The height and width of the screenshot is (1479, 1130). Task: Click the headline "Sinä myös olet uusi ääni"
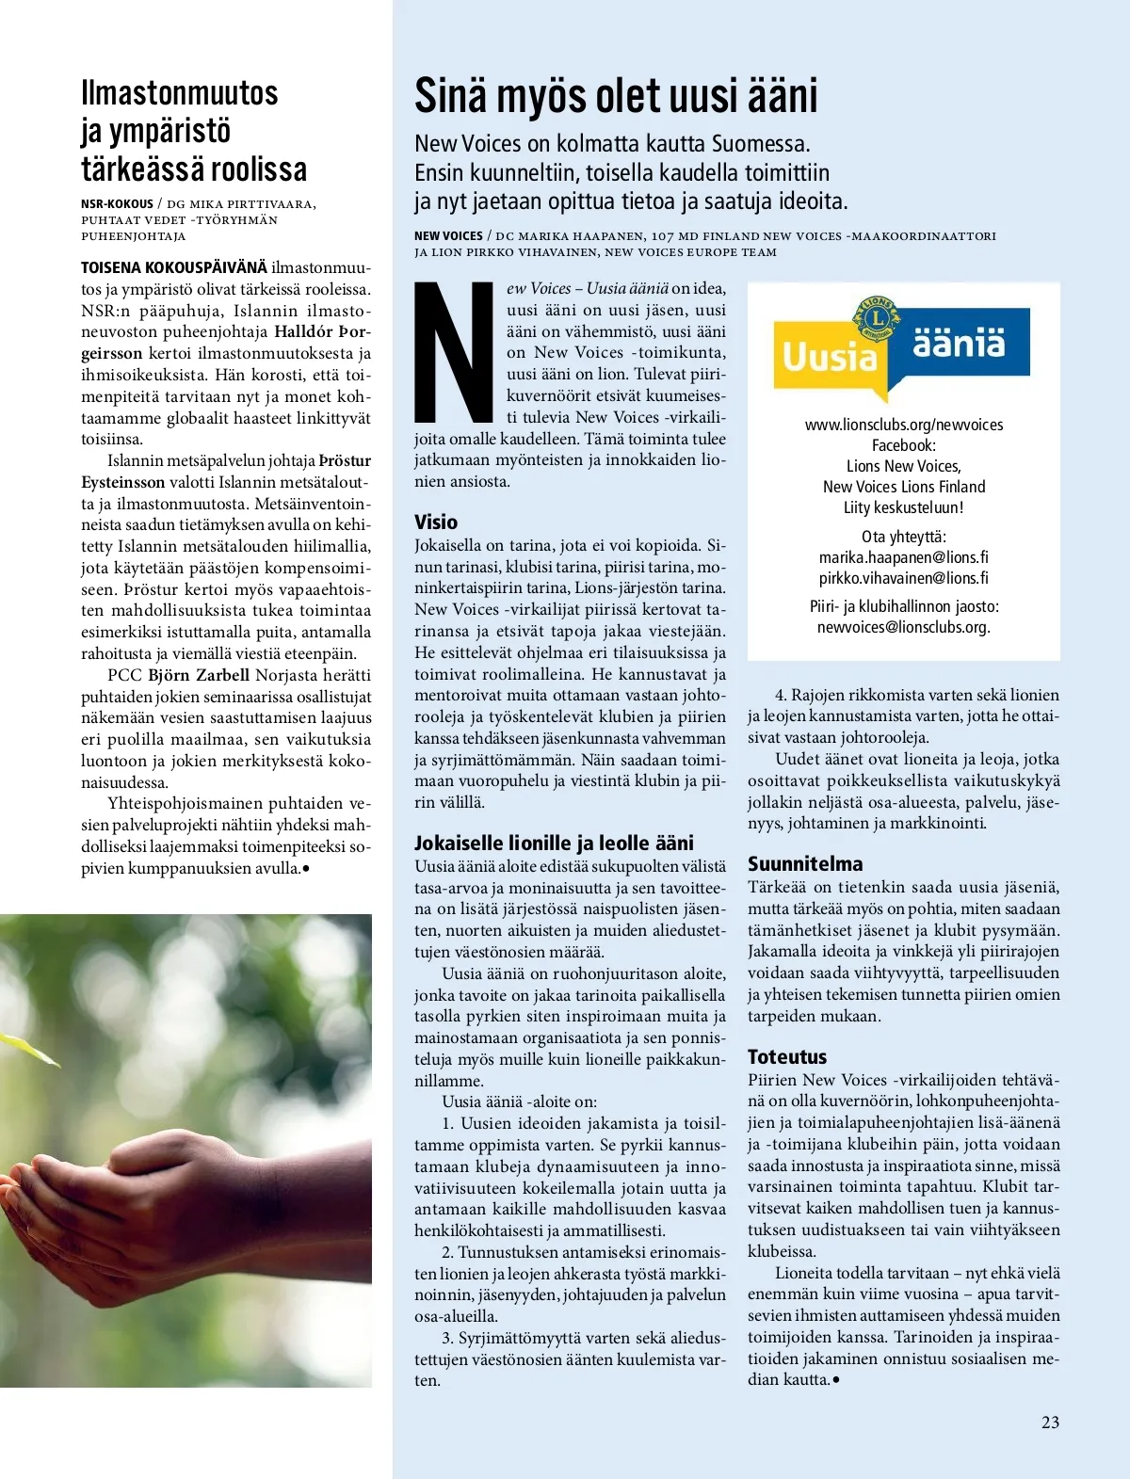[616, 96]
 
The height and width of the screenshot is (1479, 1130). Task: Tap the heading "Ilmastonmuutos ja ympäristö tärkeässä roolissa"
[193, 131]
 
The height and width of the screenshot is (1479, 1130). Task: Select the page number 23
[1050, 1423]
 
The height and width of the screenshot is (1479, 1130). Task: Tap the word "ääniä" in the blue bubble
[959, 341]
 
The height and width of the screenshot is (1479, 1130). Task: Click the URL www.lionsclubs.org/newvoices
[903, 425]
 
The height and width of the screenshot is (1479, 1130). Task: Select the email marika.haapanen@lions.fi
[903, 557]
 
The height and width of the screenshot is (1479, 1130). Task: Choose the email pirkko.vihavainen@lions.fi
[903, 578]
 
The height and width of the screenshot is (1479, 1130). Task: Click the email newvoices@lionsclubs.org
[903, 627]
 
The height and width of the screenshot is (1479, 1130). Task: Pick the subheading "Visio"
[436, 522]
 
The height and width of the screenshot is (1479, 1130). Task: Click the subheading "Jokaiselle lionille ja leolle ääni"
[554, 844]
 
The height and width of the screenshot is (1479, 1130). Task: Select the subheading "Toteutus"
[786, 1057]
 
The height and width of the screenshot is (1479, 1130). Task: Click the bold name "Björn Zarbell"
[199, 675]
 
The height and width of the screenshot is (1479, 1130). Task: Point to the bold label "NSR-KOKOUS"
[117, 203]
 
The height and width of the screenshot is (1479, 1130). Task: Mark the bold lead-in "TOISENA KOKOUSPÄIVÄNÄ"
[173, 267]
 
